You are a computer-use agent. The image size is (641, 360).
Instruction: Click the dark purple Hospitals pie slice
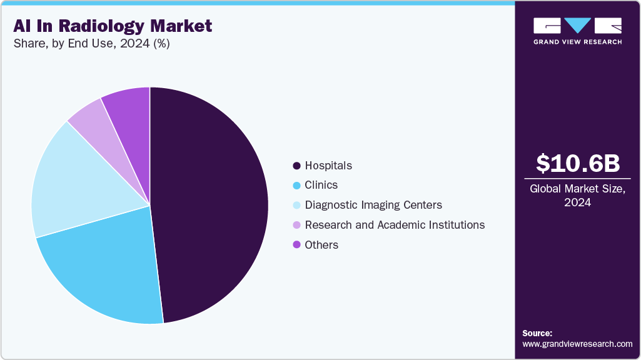(213, 200)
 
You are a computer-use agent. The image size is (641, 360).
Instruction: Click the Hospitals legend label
(328, 166)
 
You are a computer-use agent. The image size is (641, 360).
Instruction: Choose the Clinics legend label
(321, 185)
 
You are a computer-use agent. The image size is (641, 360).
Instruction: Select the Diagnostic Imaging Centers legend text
(373, 205)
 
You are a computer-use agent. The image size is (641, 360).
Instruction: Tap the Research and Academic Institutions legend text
(395, 225)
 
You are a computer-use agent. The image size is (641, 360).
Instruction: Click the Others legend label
(321, 245)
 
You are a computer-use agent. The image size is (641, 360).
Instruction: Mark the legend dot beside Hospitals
(296, 166)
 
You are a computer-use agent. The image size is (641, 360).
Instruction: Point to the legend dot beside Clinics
(296, 185)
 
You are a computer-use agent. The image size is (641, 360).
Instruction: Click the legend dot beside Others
(296, 245)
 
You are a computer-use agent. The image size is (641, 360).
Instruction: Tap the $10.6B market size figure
(578, 164)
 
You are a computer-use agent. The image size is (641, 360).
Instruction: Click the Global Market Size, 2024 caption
(578, 195)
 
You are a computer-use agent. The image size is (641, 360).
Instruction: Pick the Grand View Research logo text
(577, 42)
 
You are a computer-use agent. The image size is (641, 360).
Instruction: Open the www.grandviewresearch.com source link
(577, 344)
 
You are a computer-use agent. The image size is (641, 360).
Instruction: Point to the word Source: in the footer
(537, 333)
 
